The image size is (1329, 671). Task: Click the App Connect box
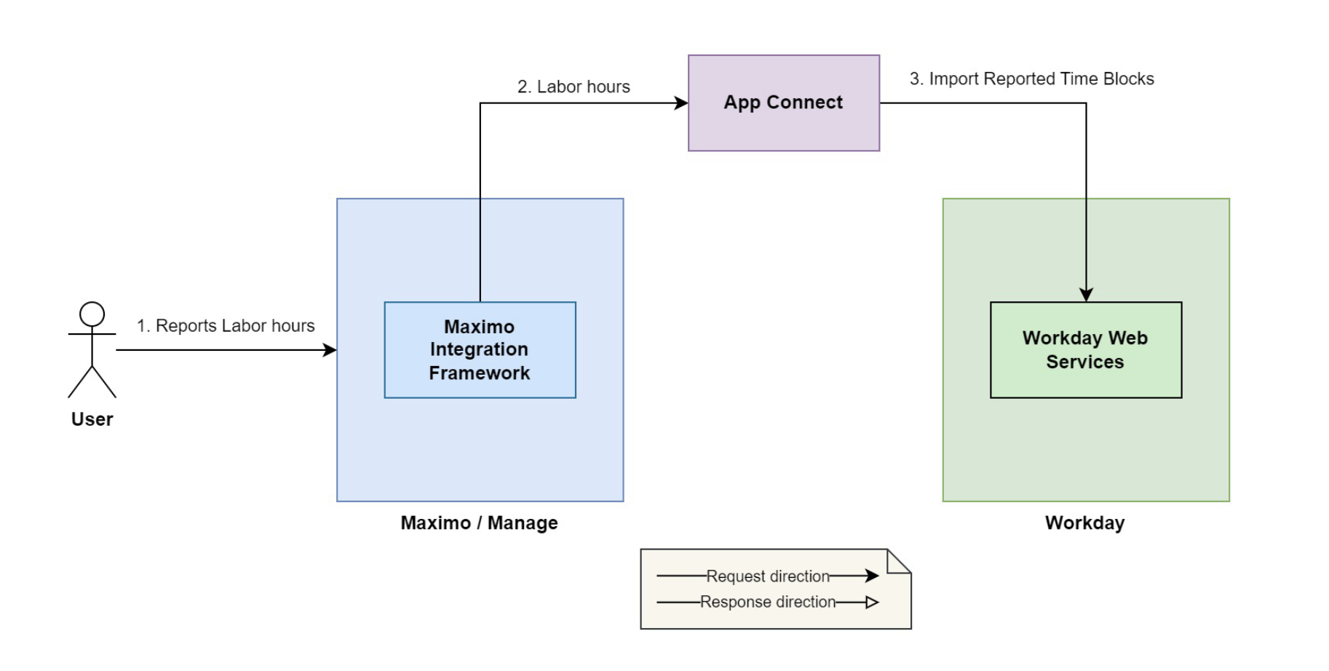pos(783,103)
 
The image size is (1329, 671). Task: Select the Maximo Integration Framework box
pos(480,349)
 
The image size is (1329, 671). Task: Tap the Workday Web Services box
pos(1085,349)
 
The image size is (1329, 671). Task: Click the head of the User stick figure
pos(92,314)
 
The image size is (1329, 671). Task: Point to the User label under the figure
pos(92,419)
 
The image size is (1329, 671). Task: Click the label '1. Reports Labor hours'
pos(226,325)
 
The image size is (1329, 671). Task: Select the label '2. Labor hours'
pos(574,87)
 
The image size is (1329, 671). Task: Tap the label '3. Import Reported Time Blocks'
pos(1031,79)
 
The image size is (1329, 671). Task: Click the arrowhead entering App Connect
pos(681,103)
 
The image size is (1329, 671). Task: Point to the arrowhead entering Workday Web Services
pos(1086,295)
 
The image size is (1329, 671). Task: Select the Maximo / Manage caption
pos(479,523)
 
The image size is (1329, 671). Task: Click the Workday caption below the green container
pos(1084,523)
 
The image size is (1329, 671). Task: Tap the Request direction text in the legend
pos(768,576)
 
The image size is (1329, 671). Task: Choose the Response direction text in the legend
pos(768,602)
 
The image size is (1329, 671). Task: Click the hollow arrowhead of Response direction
pos(872,602)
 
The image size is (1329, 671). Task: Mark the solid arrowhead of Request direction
pos(872,576)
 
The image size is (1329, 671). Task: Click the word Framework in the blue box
pos(479,373)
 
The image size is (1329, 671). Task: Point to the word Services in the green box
pos(1084,362)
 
